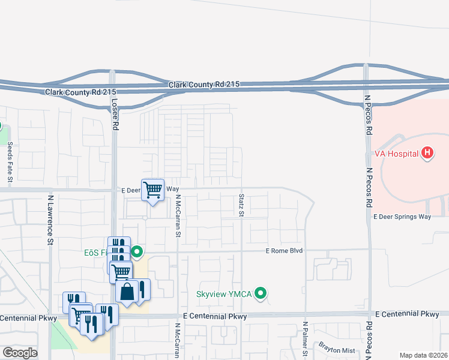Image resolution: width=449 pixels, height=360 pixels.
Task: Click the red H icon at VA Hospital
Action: click(427, 153)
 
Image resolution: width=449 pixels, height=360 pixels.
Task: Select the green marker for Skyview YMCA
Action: click(260, 294)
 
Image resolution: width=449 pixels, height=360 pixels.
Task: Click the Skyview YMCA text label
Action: click(224, 295)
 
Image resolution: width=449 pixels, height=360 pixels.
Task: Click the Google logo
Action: click(20, 353)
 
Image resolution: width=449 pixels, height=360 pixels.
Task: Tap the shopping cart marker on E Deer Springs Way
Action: click(152, 190)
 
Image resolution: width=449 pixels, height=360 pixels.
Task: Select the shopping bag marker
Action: click(127, 292)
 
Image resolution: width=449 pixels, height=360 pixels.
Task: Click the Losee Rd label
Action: click(115, 114)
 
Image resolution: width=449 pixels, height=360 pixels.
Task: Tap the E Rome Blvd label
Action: click(284, 251)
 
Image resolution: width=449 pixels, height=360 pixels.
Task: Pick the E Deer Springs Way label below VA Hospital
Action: click(402, 217)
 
